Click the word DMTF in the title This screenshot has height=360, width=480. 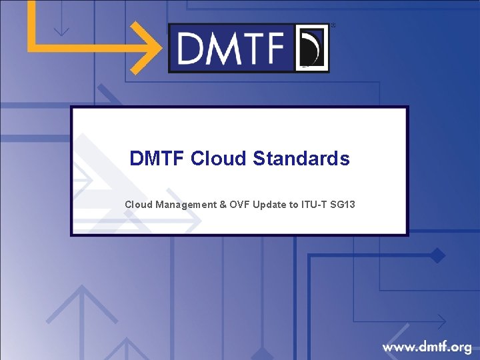pos(157,159)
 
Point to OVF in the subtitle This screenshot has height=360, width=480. pos(241,205)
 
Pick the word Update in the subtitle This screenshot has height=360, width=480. pos(270,205)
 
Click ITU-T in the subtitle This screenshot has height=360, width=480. pos(313,205)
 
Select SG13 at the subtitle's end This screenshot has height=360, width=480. pos(343,205)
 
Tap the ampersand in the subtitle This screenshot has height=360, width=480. pos(223,205)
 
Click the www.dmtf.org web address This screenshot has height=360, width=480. pos(427,347)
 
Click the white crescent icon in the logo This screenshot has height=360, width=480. pos(311,48)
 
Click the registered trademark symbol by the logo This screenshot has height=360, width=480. pos(333,25)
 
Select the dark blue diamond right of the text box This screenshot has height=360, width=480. pos(437,255)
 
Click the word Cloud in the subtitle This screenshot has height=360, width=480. pos(138,205)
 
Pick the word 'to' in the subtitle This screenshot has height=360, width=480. pos(293,205)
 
